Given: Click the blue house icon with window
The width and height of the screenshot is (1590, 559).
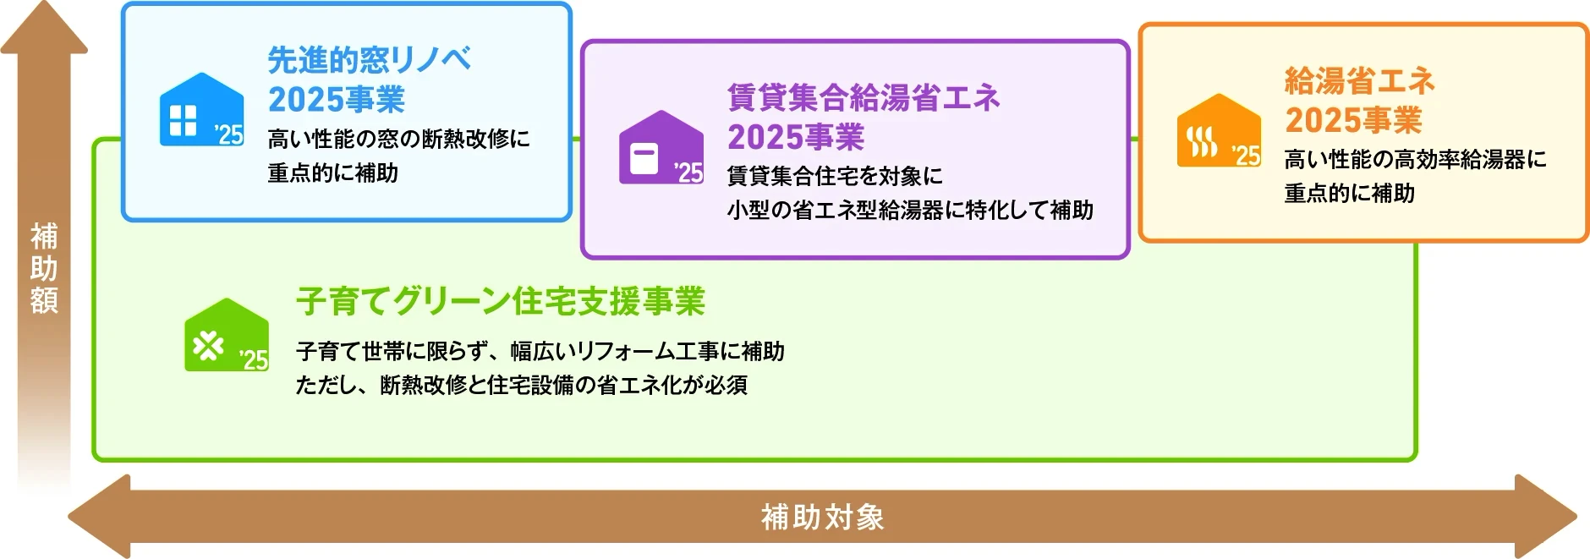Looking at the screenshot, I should point(201,111).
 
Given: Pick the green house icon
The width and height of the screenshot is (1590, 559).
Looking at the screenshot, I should point(227,336).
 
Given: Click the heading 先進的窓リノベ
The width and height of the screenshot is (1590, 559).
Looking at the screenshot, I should point(369,60).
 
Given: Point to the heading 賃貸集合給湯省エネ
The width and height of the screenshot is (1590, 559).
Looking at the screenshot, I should point(864,98).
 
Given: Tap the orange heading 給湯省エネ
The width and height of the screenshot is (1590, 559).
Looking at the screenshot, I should point(1359,81).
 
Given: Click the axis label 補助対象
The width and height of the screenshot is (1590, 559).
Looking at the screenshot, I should point(822,517).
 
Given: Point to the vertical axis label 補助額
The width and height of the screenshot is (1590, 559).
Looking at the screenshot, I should point(44,268).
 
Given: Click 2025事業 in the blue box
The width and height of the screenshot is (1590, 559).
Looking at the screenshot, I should point(337,100).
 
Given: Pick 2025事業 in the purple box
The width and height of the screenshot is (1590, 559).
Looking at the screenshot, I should point(796,137).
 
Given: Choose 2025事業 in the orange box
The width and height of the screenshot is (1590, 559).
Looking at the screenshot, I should point(1353,120).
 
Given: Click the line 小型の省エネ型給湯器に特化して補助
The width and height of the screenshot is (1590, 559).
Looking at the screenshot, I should point(910,211).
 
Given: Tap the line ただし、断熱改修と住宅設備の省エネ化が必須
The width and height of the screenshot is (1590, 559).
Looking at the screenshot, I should point(521,386).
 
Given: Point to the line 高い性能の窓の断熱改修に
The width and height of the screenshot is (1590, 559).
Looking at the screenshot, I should point(398,139).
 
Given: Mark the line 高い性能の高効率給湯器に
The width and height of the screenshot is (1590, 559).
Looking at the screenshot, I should point(1415,159).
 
